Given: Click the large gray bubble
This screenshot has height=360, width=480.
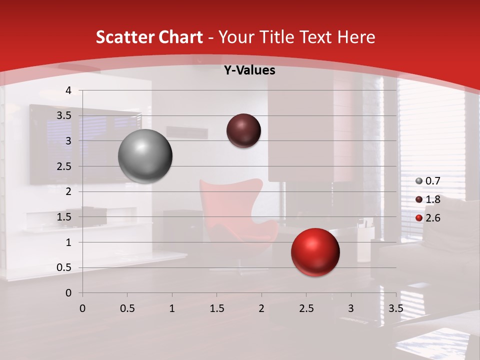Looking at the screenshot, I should (x=145, y=156).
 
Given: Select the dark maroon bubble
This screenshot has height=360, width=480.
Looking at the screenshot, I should (x=243, y=130).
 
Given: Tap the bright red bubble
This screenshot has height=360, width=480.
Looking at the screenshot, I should (x=315, y=252).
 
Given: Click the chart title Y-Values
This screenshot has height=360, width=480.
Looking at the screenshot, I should (x=249, y=70).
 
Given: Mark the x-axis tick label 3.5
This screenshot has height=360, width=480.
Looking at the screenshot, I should (x=395, y=308).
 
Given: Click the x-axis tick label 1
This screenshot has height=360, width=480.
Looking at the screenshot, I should (x=172, y=308).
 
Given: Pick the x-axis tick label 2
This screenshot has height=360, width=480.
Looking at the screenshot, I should (x=261, y=308).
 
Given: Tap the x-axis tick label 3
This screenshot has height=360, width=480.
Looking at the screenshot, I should (x=351, y=308).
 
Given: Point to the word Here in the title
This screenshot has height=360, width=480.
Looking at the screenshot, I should (x=356, y=37).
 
